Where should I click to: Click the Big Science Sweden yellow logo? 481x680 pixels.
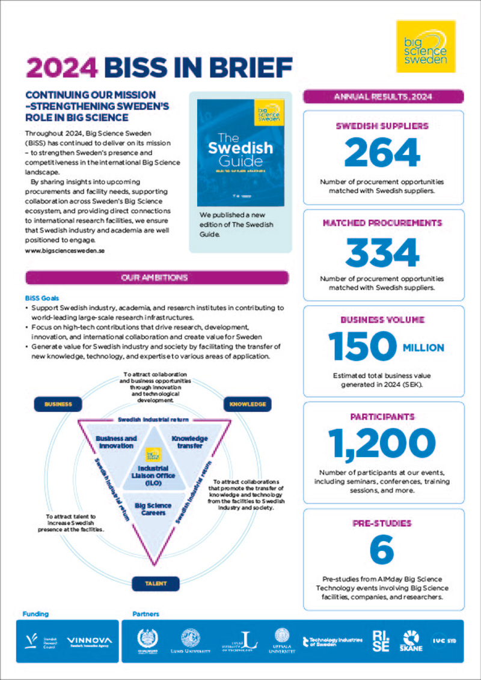(426, 47)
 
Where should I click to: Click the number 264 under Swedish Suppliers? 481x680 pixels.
(383, 152)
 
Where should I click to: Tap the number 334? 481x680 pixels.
(383, 252)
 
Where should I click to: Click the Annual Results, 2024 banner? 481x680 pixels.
(383, 96)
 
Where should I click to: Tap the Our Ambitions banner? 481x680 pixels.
(157, 278)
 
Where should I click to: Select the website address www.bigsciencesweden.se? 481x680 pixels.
(66, 250)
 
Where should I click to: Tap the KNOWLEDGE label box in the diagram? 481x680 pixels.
(247, 404)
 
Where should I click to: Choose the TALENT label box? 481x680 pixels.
(156, 583)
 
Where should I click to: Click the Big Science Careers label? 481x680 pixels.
(153, 509)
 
